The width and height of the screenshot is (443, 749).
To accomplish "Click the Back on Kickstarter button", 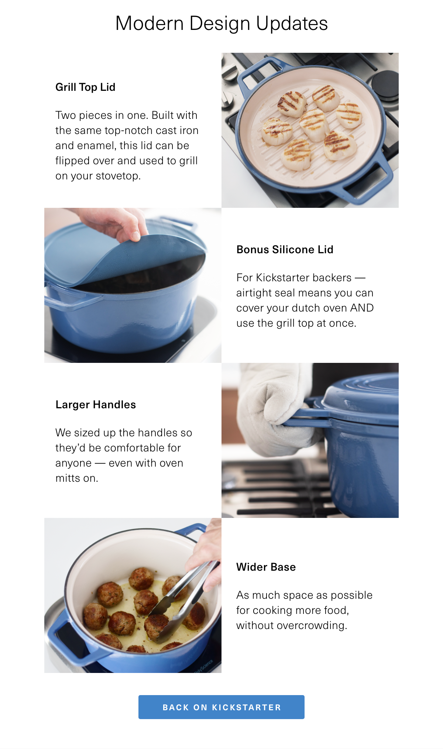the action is (221, 707).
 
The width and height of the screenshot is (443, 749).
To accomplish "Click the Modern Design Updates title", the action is (221, 24).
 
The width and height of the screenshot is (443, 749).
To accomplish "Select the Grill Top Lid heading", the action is (85, 87).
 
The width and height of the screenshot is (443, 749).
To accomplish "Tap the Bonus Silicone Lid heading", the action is (285, 250).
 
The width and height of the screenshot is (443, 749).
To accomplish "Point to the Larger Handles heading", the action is (96, 405).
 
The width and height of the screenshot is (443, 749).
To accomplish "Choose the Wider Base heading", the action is (266, 567).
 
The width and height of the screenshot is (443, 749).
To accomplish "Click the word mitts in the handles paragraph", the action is (68, 478).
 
